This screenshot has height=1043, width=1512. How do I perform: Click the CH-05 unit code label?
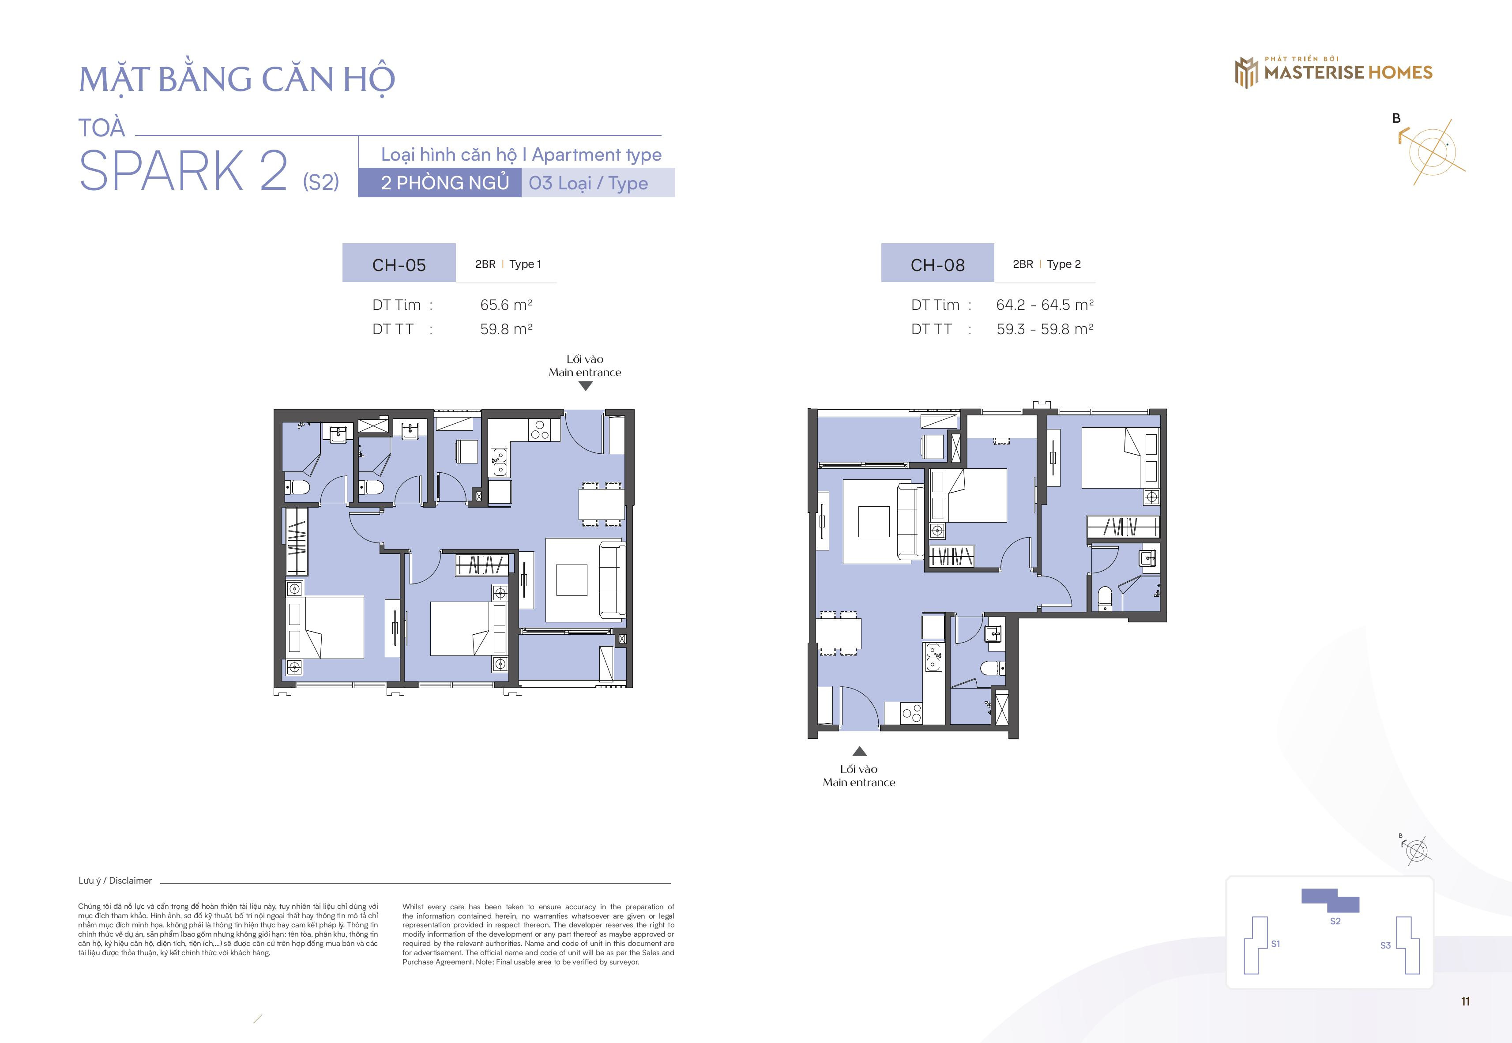click(399, 265)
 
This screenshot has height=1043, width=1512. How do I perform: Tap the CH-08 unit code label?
click(938, 265)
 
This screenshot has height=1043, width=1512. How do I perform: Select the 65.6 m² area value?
click(506, 305)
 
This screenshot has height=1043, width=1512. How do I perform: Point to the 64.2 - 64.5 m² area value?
click(1045, 305)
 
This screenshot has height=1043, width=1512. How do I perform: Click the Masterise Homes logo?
click(1333, 72)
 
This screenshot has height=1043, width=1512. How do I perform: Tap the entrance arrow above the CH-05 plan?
click(586, 386)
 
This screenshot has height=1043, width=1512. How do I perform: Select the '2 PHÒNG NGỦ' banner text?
click(445, 183)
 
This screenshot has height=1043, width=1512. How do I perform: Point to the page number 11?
click(1466, 1001)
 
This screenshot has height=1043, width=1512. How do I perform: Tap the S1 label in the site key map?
click(1275, 944)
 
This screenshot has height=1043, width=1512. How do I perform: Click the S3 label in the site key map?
click(1385, 945)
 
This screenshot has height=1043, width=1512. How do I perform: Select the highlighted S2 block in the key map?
click(1330, 900)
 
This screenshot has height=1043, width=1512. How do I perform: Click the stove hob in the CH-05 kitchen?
click(540, 429)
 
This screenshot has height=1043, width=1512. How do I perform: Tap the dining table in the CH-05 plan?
click(601, 504)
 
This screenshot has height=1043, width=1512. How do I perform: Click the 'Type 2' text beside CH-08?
click(1064, 264)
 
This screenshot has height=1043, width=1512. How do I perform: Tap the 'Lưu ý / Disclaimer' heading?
click(115, 880)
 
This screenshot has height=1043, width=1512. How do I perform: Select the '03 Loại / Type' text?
click(588, 183)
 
